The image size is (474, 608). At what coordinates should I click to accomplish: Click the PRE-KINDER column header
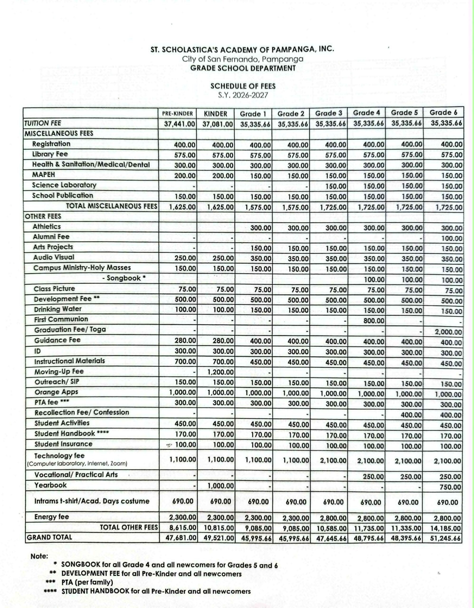pyautogui.click(x=177, y=114)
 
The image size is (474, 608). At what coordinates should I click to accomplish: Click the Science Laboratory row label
pyautogui.click(x=64, y=185)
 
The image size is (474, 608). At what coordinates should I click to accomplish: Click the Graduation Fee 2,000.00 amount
pyautogui.click(x=448, y=332)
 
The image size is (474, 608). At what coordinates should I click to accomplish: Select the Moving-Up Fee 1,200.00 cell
pyautogui.click(x=220, y=372)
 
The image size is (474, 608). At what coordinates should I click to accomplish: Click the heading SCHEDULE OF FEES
pyautogui.click(x=243, y=86)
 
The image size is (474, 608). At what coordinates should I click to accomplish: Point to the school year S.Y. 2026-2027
pyautogui.click(x=243, y=95)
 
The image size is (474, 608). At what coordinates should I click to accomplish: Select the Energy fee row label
pyautogui.click(x=52, y=517)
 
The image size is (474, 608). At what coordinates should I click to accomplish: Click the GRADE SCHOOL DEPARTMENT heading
pyautogui.click(x=243, y=68)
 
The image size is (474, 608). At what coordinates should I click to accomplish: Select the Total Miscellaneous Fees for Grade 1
pyautogui.click(x=258, y=207)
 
